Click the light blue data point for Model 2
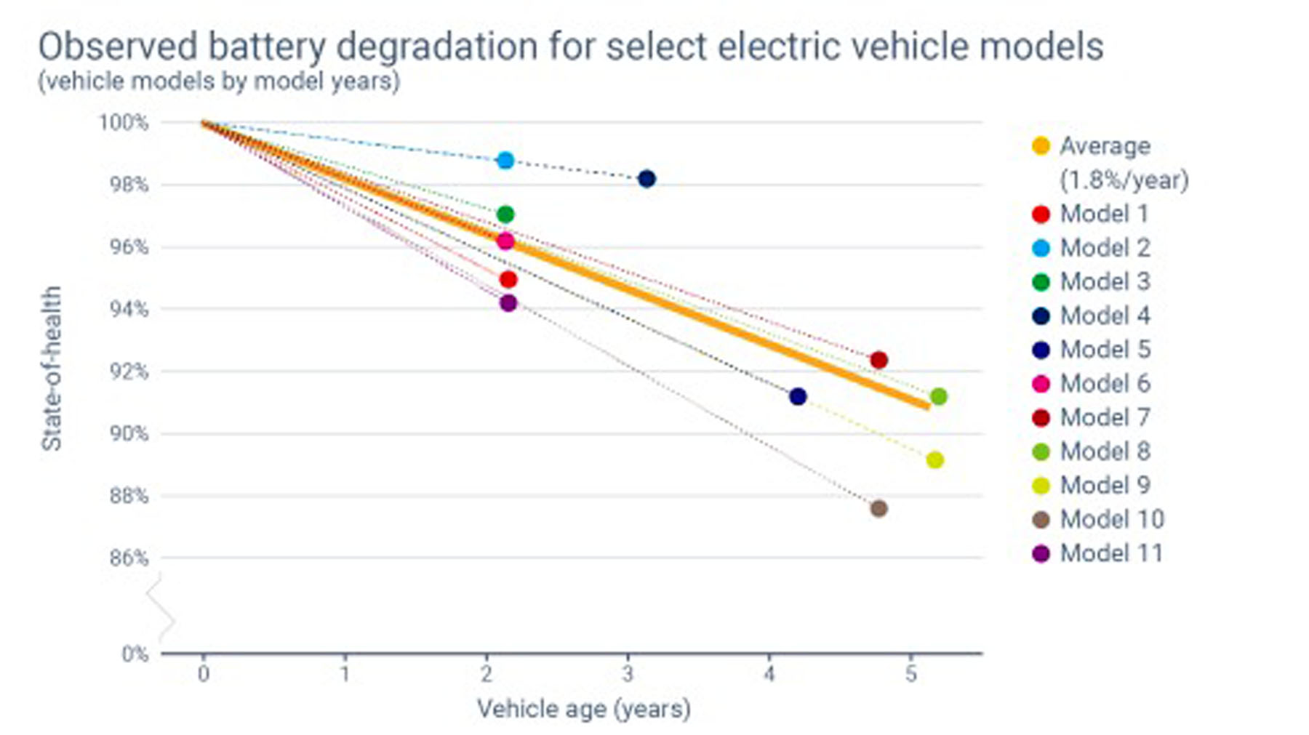pos(505,161)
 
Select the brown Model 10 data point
pos(878,508)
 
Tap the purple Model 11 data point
pos(508,303)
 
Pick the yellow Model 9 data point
pos(935,460)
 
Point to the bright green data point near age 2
pos(505,214)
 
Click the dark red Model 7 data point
pos(878,360)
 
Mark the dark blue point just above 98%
pos(647,179)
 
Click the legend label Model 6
pos(1105,384)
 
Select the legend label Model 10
pos(1112,519)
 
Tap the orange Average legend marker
pos(1041,146)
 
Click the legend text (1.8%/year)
pos(1124,180)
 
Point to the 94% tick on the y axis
pos(129,310)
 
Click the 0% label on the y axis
pos(135,654)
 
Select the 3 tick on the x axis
pos(628,674)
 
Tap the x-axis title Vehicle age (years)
pos(583,709)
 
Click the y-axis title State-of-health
pos(51,369)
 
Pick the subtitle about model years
pos(219,81)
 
